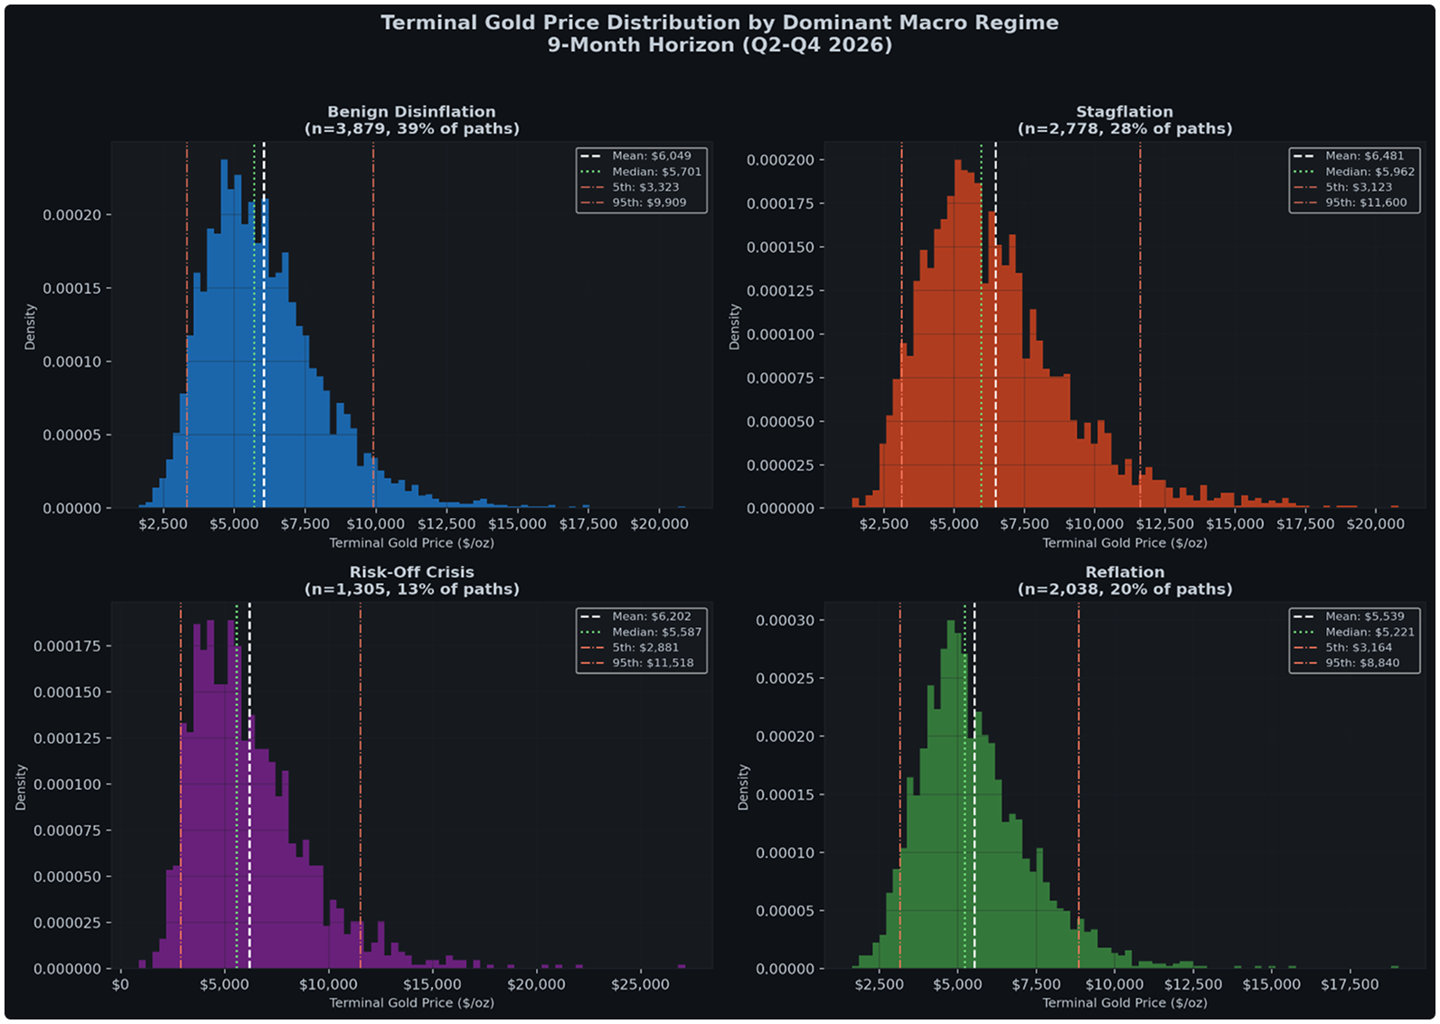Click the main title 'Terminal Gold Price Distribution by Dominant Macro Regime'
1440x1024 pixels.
(x=719, y=23)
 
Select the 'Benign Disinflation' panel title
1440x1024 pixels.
(x=411, y=112)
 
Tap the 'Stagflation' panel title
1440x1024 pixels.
(x=1125, y=112)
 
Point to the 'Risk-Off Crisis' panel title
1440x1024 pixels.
(x=411, y=572)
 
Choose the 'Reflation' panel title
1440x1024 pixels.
(x=1125, y=572)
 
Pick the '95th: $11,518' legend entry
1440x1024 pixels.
(x=653, y=662)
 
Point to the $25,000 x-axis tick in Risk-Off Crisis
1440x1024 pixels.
(x=639, y=984)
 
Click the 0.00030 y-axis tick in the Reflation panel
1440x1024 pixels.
(x=785, y=620)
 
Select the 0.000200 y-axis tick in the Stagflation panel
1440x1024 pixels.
(x=780, y=160)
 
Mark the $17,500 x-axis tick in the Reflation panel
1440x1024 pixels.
(x=1349, y=984)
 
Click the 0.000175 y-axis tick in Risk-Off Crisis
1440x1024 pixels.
(x=67, y=646)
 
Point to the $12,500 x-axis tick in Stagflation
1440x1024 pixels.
(x=1164, y=524)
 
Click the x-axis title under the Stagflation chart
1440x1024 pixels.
(x=1125, y=543)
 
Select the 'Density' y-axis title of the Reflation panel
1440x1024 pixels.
(x=744, y=786)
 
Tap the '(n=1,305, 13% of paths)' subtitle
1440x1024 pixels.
(x=411, y=589)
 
